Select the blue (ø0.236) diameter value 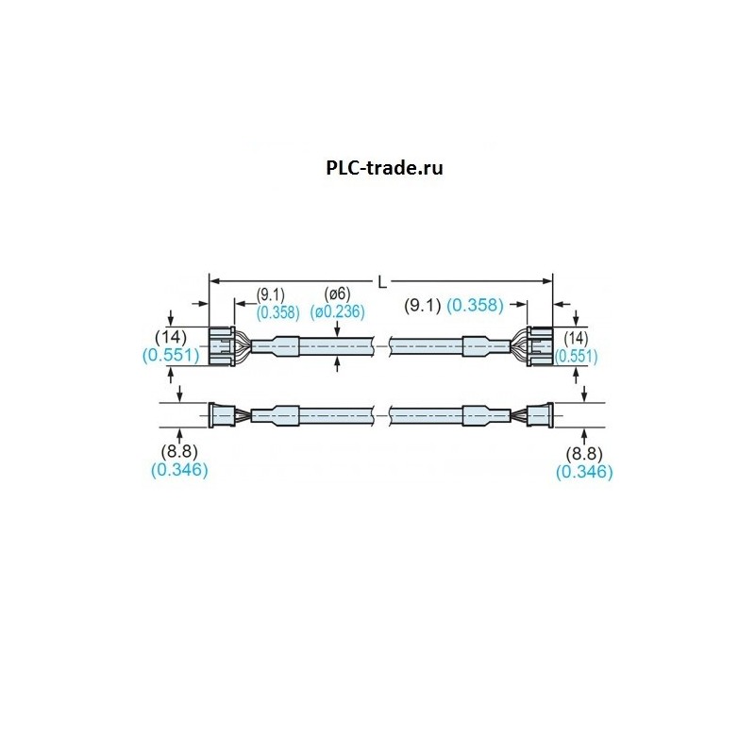coord(337,311)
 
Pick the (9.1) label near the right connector coord(423,305)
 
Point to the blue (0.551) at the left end coord(171,355)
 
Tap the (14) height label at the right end coord(575,338)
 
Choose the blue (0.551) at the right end coord(577,356)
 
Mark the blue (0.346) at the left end coord(179,469)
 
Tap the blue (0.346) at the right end coord(584,471)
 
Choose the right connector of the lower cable coord(539,414)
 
